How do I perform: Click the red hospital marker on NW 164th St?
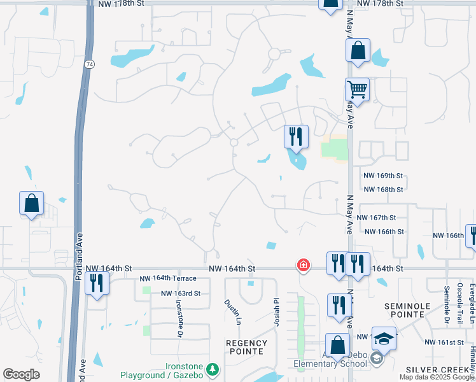(x=304, y=265)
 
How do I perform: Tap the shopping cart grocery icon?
(x=357, y=90)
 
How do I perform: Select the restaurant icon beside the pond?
(x=296, y=136)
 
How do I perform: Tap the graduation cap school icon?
(x=384, y=339)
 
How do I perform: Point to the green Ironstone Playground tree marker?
(x=213, y=369)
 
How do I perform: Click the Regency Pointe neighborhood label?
(x=246, y=347)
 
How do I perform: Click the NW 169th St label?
(x=383, y=175)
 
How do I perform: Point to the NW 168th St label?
(x=383, y=189)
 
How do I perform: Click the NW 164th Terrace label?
(x=169, y=278)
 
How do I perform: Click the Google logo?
(x=21, y=374)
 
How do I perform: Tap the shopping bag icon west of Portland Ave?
(x=32, y=204)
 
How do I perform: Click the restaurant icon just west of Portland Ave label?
(x=97, y=283)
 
